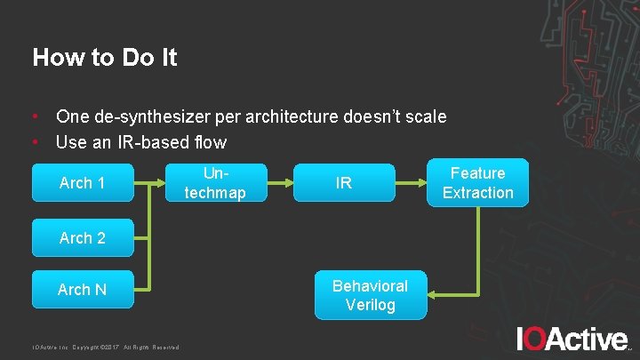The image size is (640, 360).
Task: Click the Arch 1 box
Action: (82, 182)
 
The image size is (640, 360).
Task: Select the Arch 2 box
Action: (82, 237)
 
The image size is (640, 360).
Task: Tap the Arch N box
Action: (82, 289)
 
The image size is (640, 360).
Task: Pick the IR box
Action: (344, 183)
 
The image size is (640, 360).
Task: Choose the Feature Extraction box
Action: (477, 182)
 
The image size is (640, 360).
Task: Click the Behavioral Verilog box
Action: (370, 295)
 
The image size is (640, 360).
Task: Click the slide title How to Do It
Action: (105, 58)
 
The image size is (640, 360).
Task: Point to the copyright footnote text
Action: (106, 347)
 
